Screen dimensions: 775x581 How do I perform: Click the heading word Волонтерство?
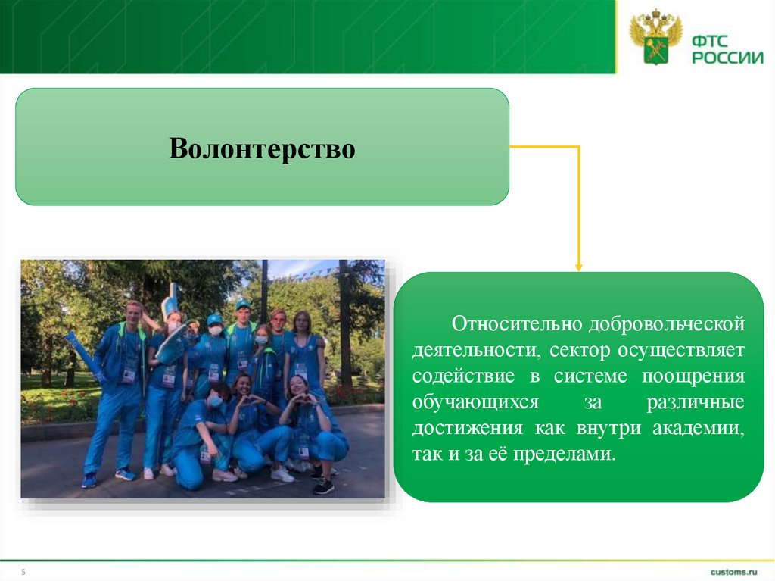click(262, 148)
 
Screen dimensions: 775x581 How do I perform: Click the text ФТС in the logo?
click(710, 41)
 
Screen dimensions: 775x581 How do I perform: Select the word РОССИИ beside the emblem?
click(727, 58)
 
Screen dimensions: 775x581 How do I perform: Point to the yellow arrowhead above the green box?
click(579, 267)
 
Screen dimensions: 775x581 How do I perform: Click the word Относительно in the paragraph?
click(517, 323)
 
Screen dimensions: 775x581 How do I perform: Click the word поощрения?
click(693, 376)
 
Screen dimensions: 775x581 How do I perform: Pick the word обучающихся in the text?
click(475, 402)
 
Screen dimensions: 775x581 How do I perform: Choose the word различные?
click(696, 402)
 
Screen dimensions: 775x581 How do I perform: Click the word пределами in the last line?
click(565, 454)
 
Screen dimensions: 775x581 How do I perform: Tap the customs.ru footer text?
click(734, 572)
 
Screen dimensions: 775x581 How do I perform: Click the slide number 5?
click(23, 572)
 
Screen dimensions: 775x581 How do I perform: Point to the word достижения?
click(468, 428)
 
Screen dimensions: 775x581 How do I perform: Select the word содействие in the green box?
click(464, 376)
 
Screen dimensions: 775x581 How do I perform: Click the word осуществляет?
click(681, 351)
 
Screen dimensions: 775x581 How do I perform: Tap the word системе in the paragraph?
click(590, 376)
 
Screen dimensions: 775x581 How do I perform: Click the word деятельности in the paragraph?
click(475, 351)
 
